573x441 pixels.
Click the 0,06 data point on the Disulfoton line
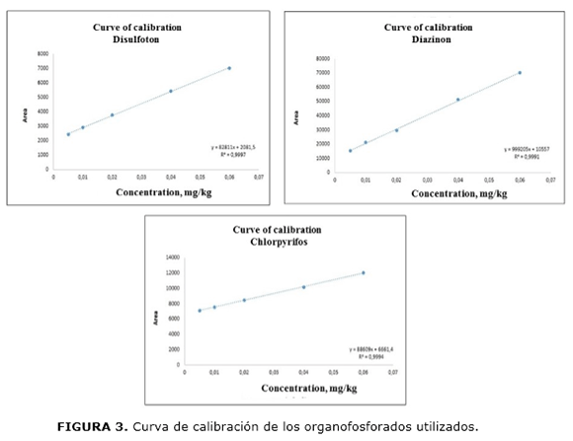point(229,68)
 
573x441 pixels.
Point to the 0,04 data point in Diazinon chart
point(457,100)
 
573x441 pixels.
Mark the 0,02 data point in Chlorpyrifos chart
point(244,300)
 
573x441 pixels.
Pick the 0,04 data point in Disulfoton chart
point(171,91)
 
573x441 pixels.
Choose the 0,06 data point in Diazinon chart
point(520,72)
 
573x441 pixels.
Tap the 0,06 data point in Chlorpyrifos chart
point(363,272)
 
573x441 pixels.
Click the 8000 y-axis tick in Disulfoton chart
point(41,54)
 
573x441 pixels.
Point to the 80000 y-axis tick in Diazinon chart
point(323,59)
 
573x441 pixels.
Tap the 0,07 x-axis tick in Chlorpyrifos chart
point(392,373)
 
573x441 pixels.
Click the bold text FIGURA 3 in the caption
point(91,427)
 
